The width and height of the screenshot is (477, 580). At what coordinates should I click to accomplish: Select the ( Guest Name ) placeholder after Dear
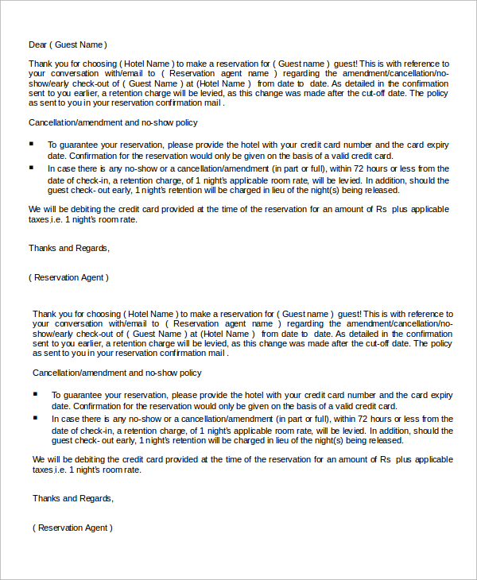tap(79, 44)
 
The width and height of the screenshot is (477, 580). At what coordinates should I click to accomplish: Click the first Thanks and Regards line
tap(69, 248)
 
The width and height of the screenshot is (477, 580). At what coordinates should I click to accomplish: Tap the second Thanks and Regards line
tap(73, 498)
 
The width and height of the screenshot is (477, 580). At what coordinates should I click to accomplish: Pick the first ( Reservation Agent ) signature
tap(68, 277)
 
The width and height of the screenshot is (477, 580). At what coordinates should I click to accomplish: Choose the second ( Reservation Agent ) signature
tap(72, 528)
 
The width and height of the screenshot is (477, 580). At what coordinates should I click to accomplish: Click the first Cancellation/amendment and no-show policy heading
tap(113, 122)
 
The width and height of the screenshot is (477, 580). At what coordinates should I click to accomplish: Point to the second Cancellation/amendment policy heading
tap(117, 373)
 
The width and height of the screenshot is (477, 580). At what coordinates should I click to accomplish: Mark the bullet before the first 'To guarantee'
tap(32, 144)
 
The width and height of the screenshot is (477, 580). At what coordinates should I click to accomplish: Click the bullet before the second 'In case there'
tap(36, 417)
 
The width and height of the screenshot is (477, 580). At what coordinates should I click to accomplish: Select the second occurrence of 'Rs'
tap(385, 459)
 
